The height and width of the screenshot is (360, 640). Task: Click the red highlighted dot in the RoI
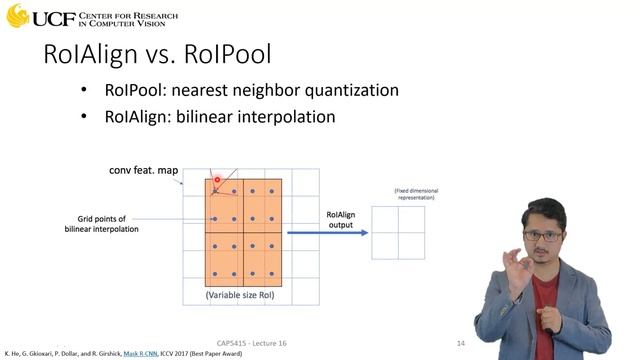(x=216, y=181)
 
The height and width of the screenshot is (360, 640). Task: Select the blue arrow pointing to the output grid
(x=325, y=233)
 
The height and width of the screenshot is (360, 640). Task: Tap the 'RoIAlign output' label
(x=347, y=219)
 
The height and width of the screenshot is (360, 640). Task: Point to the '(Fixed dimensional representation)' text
(x=398, y=193)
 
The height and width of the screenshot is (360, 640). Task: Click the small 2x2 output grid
(x=397, y=233)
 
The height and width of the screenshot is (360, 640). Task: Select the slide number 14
(x=460, y=344)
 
